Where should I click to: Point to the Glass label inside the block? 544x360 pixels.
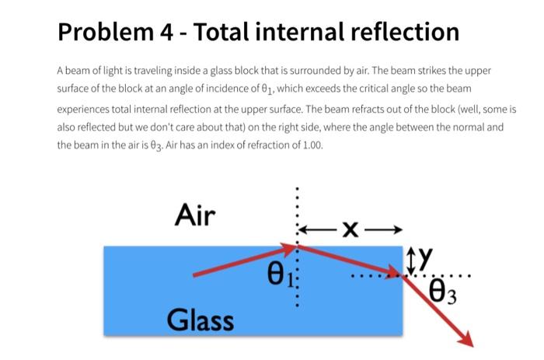pos(200,318)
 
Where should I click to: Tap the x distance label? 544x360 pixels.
pos(351,229)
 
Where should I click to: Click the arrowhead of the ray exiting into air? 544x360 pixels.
pos(467,340)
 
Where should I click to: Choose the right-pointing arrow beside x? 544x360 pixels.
pos(386,229)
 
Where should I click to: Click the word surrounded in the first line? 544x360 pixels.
pos(317,71)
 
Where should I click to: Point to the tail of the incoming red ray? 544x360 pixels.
pos(194,274)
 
